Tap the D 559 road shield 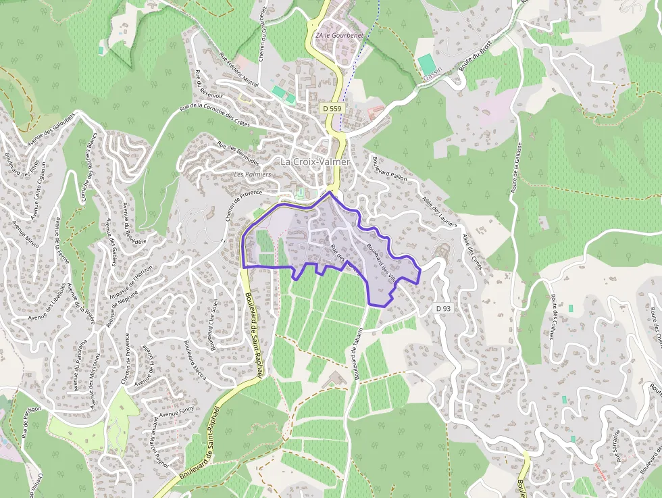[x=332, y=108]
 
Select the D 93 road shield [x=443, y=308]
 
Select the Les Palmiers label [x=252, y=174]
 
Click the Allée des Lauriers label [x=439, y=213]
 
